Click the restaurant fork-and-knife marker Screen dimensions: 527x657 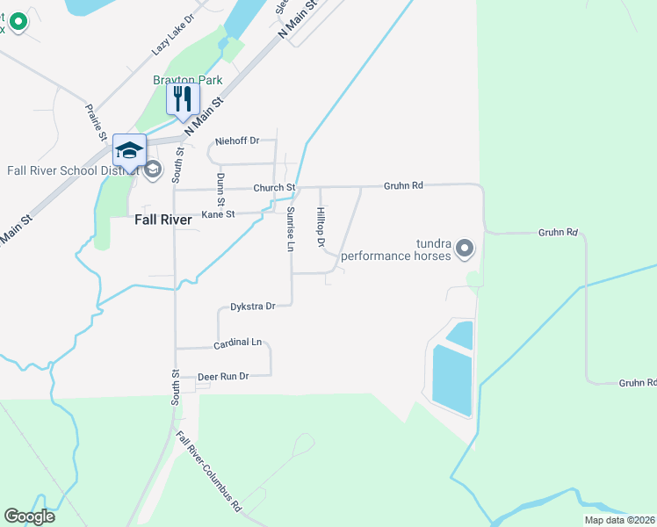pos(183,98)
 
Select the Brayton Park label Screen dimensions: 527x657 pos(188,80)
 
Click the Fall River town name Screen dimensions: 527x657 pos(163,220)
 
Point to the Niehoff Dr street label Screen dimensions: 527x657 pos(238,141)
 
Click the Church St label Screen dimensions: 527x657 pos(274,188)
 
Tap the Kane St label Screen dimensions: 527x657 pos(219,214)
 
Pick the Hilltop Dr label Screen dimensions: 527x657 pos(321,227)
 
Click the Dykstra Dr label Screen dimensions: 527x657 pos(253,307)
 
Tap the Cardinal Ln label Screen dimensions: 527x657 pos(238,342)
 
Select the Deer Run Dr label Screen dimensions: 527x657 pos(223,376)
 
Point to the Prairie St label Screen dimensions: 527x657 pos(94,120)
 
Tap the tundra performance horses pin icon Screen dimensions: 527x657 pos(466,250)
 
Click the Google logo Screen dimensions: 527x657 pos(30,516)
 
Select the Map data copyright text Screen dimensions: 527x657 pos(620,520)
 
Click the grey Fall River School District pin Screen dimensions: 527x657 pos(153,169)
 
